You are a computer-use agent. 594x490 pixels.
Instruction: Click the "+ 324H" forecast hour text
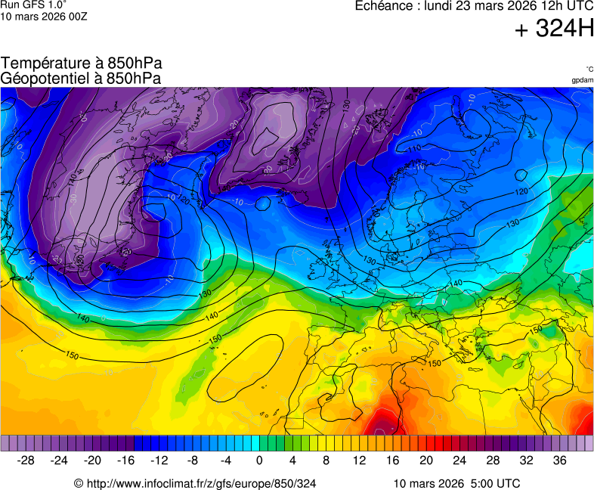click(554, 29)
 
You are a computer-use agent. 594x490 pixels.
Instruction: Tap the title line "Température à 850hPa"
click(81, 64)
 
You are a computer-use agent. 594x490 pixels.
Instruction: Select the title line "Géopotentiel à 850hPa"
click(81, 78)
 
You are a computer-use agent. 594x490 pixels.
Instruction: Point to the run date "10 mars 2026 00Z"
click(44, 17)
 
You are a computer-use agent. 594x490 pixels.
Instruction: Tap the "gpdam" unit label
click(582, 80)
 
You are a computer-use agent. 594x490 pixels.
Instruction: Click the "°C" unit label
click(589, 69)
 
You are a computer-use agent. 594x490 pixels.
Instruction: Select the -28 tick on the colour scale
click(26, 460)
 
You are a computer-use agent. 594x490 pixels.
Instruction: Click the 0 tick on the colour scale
click(259, 460)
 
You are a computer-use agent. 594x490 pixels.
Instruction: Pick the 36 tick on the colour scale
click(559, 460)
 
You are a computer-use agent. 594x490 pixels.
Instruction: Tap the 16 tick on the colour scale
click(392, 460)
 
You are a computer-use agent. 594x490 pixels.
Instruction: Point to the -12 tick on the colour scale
click(159, 460)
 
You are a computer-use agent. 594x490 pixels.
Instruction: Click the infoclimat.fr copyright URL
click(195, 483)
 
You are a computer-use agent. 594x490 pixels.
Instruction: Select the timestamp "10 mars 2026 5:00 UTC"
click(456, 483)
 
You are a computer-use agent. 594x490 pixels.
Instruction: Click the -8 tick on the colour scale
click(193, 460)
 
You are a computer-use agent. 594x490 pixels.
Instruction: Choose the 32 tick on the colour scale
click(526, 460)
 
